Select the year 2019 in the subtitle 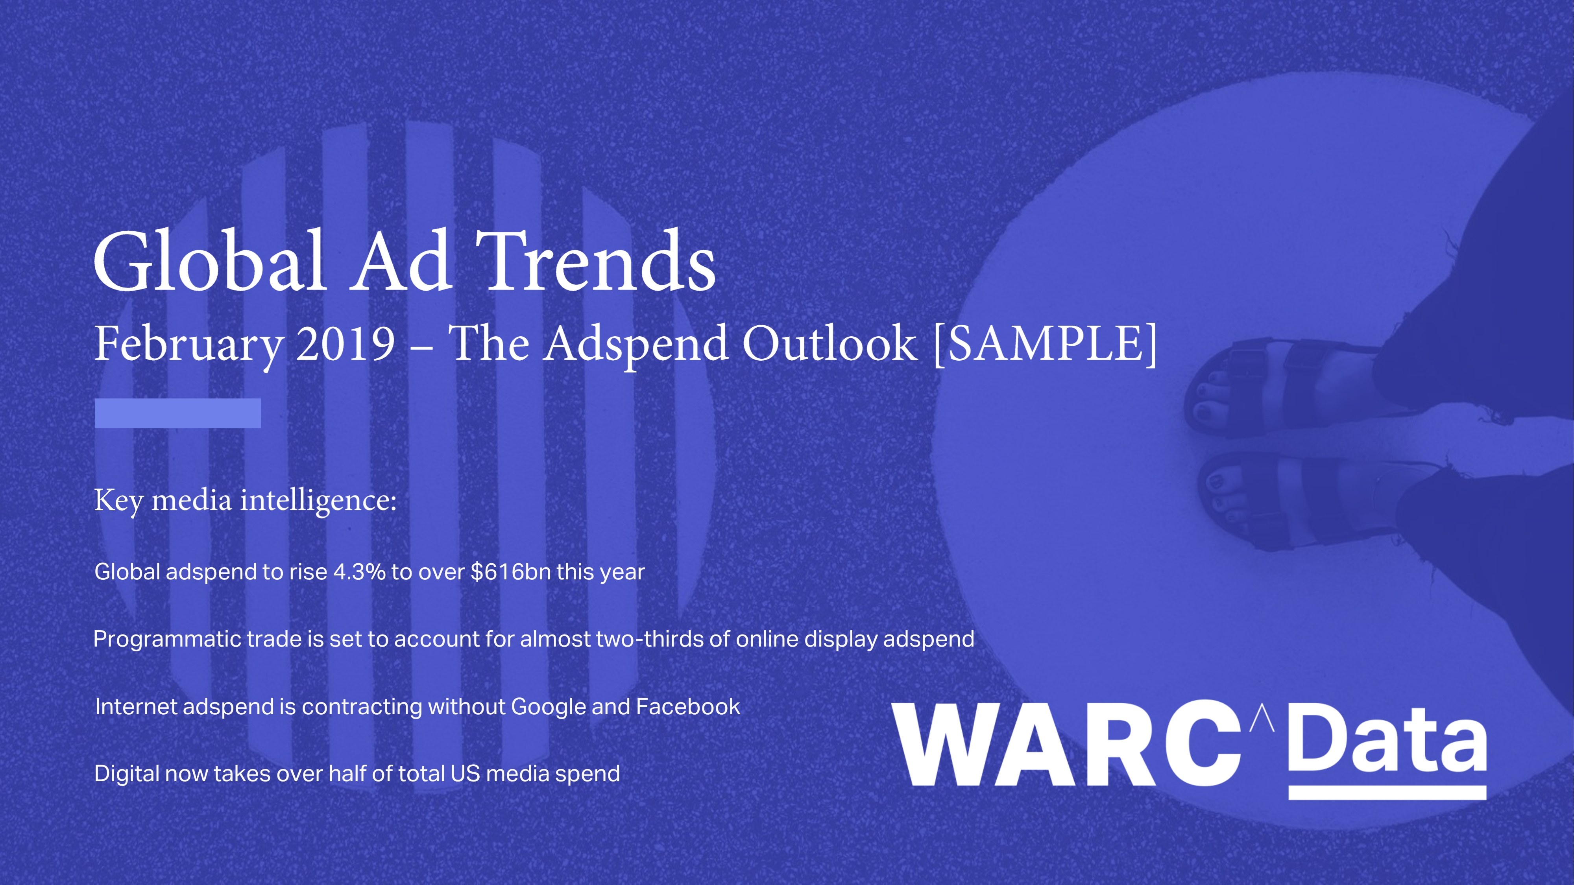(x=346, y=343)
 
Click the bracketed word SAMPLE (x=1046, y=344)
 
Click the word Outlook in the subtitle (x=830, y=343)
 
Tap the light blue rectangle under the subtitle (x=178, y=413)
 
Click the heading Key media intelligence (x=246, y=501)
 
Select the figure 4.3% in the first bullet (x=359, y=572)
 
